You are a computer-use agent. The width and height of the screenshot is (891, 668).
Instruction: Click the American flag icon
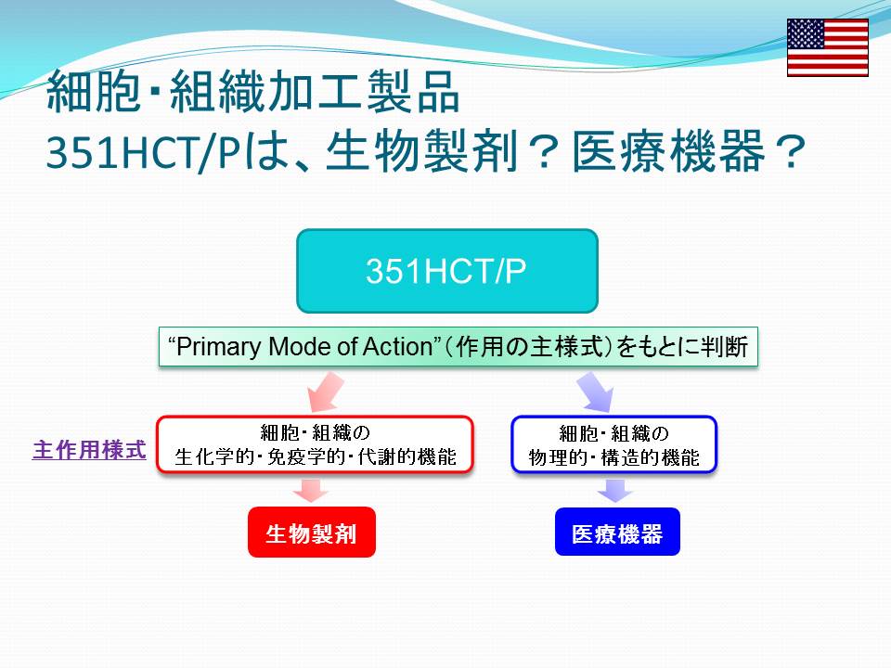coord(827,47)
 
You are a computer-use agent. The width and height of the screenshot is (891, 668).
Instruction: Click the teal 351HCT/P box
coord(447,271)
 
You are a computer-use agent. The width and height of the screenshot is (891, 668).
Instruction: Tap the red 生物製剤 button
coord(312,533)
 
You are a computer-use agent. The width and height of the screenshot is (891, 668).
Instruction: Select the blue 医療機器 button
coord(617,532)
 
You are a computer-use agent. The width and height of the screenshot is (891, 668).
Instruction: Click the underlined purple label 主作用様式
coord(89,450)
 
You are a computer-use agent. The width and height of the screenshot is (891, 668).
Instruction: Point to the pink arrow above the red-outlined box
coord(325,392)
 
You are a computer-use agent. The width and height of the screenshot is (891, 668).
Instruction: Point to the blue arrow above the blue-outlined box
coord(596,392)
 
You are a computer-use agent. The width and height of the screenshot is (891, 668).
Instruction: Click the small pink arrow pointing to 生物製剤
coord(311,490)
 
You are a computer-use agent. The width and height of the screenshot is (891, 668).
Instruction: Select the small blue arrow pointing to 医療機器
coord(615,490)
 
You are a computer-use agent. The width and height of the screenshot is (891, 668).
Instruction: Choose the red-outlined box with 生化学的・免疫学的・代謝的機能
coord(315,444)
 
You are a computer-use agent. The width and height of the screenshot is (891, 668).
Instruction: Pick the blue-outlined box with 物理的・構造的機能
coord(613,444)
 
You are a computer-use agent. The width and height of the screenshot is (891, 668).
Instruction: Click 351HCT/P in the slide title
coord(145,152)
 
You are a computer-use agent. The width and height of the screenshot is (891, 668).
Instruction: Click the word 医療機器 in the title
coord(668,151)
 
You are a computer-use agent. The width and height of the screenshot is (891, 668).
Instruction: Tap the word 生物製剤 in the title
coord(422,151)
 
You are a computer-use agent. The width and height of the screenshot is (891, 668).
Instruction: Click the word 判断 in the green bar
coord(724,346)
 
